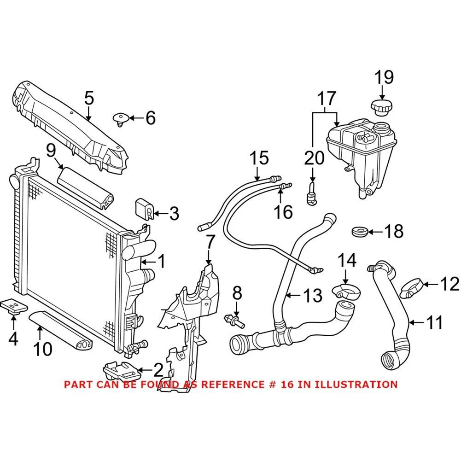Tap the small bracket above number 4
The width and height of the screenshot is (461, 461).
click(14, 304)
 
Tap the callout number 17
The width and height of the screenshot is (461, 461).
click(326, 98)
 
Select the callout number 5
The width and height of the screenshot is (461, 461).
click(89, 98)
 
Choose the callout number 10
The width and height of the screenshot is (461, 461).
click(42, 349)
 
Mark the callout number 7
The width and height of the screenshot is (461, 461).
click(210, 242)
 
